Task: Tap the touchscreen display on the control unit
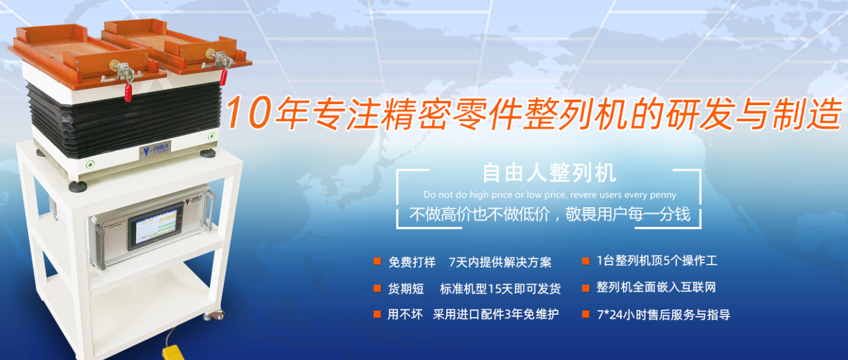tap(155, 226)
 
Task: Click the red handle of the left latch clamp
tap(128, 91)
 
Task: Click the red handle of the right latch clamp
tap(224, 76)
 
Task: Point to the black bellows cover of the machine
tap(122, 119)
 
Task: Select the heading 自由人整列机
tap(549, 173)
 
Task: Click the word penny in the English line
tap(663, 195)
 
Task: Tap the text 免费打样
tap(412, 262)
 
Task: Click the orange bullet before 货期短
tap(377, 288)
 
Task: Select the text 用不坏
tap(405, 315)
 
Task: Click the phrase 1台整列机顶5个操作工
tap(657, 261)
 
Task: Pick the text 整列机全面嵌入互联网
tap(656, 287)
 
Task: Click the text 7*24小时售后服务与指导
tap(663, 315)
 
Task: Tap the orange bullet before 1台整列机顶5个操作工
tap(585, 262)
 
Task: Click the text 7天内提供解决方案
tap(500, 262)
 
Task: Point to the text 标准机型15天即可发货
tap(500, 288)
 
